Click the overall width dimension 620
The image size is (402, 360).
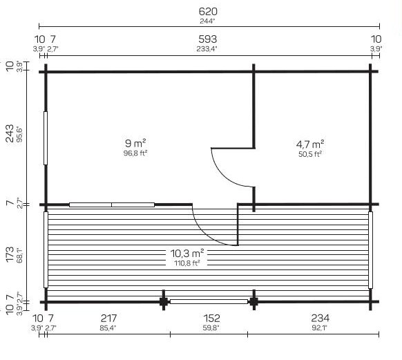(208, 11)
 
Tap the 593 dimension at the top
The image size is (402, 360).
(208, 39)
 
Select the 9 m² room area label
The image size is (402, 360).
(135, 143)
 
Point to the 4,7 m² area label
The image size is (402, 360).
(310, 144)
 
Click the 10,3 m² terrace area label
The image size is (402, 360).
(187, 254)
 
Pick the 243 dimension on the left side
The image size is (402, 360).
(10, 133)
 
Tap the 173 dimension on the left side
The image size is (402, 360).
(10, 254)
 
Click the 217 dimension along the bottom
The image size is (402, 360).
(108, 319)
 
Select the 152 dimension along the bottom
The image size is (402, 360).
(211, 319)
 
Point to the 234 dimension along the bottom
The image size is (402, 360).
(320, 319)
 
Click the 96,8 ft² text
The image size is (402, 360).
(135, 153)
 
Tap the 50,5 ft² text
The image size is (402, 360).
(310, 154)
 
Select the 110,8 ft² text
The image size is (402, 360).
(187, 263)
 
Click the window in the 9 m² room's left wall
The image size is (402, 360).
(46, 138)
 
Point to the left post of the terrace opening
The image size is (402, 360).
(164, 301)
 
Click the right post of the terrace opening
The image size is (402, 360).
(253, 301)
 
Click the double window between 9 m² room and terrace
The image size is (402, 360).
(112, 205)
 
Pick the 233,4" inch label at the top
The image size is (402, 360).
(207, 49)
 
